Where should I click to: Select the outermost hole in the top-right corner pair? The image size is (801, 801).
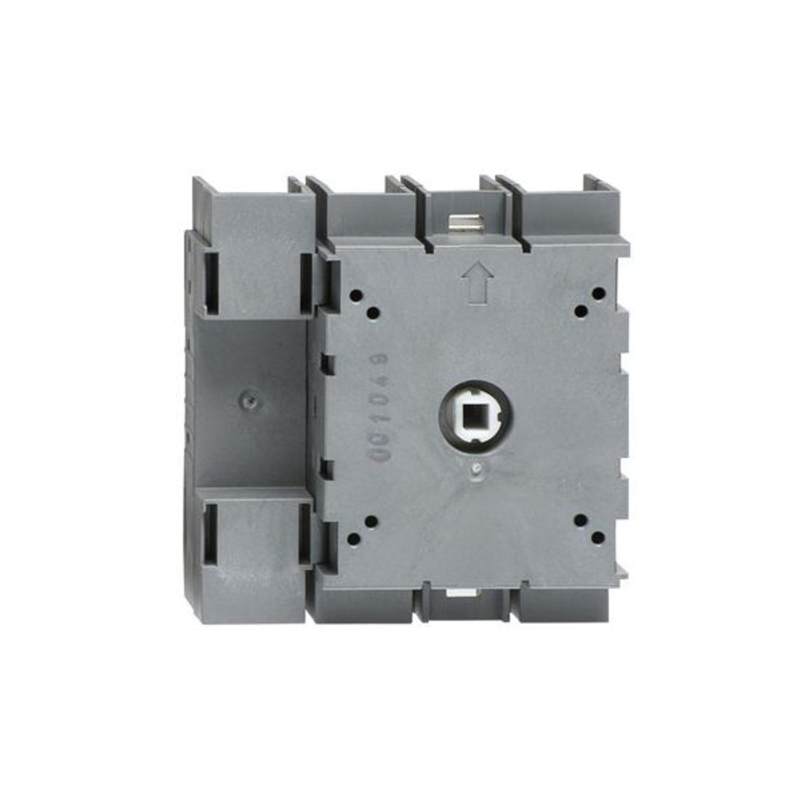(598, 295)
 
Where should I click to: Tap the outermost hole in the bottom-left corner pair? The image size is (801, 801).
(353, 538)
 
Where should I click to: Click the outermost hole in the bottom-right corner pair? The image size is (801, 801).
(598, 537)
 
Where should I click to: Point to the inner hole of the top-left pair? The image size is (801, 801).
(372, 312)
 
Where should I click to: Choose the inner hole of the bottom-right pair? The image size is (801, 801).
(580, 521)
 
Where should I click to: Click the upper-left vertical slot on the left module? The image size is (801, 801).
(211, 281)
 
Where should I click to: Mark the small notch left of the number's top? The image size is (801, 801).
(326, 364)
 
